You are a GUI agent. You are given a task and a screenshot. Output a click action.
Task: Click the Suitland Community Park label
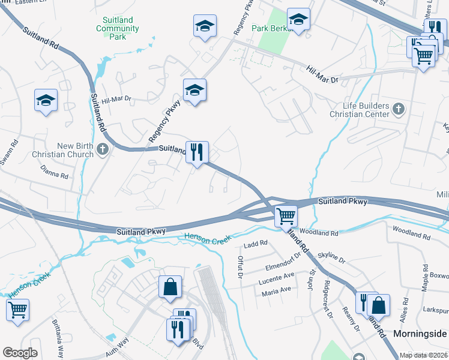117,28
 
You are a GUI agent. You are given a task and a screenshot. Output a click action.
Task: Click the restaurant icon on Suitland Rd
197,152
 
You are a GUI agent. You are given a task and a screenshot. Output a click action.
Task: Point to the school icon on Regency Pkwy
194,91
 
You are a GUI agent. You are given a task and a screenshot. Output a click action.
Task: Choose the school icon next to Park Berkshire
298,20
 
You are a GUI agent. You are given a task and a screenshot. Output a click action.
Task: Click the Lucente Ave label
277,278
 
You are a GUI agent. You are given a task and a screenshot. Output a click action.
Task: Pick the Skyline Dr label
332,258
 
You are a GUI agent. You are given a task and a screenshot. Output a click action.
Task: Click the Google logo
20,353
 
